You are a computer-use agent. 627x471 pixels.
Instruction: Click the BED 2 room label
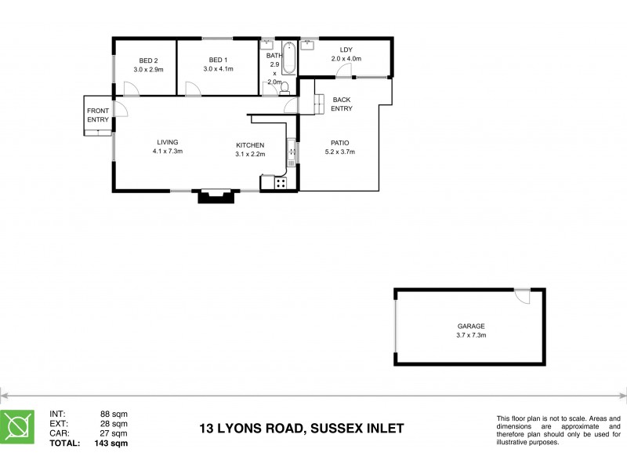(149, 60)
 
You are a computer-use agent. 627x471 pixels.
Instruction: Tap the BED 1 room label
(219, 60)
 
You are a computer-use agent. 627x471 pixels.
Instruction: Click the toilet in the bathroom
(285, 86)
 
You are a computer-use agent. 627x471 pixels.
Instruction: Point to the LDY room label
(346, 49)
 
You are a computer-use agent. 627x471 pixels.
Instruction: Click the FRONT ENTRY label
(98, 115)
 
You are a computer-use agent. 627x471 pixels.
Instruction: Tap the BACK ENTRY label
(342, 104)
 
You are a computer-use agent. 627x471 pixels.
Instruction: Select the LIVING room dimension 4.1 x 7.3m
(168, 152)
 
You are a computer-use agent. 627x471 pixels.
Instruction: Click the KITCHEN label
(251, 145)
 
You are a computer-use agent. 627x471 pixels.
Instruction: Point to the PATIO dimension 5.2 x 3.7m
(339, 152)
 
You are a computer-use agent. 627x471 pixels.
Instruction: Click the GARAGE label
(472, 326)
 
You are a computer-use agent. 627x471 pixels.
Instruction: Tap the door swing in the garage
(522, 297)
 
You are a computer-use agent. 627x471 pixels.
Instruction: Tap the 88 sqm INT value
(114, 414)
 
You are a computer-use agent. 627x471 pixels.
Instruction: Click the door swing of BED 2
(132, 89)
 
